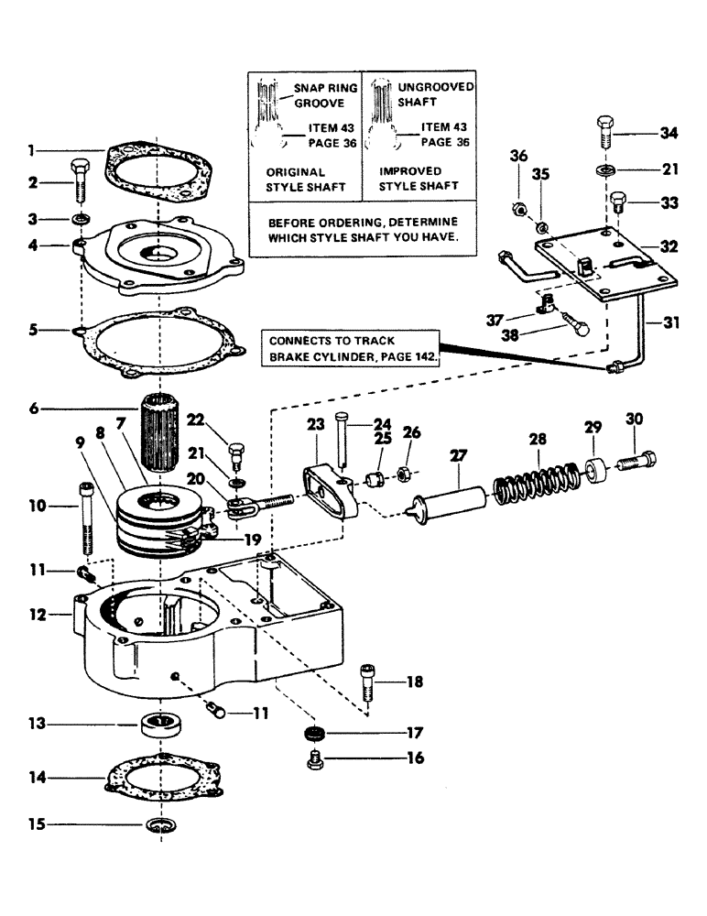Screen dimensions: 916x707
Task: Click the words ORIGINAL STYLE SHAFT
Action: coord(295,179)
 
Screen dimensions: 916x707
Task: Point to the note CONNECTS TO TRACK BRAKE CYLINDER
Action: coord(351,348)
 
